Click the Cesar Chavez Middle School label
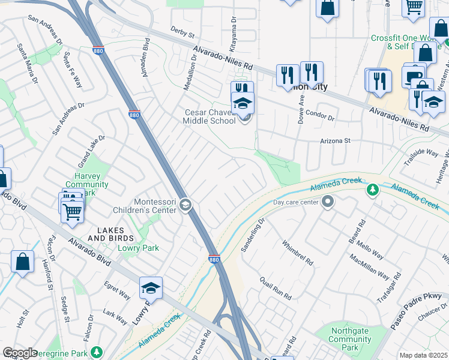coord(209,116)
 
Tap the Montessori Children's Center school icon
coord(185,206)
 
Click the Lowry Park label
coord(138,248)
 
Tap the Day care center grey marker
coord(328,203)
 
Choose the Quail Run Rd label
coord(276,288)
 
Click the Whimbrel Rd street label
coord(297,253)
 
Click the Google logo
coord(20,353)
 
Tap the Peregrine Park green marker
coord(96,352)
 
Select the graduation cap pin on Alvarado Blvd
coord(151,287)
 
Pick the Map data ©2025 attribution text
coord(423,355)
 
